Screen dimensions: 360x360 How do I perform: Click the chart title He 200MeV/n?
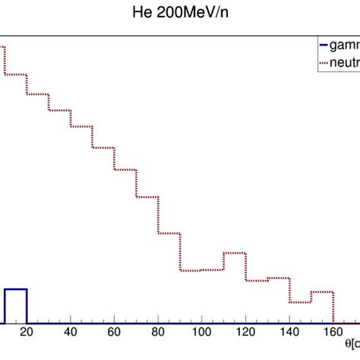pos(180,14)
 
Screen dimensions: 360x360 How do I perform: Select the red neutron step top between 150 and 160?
pos(323,291)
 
